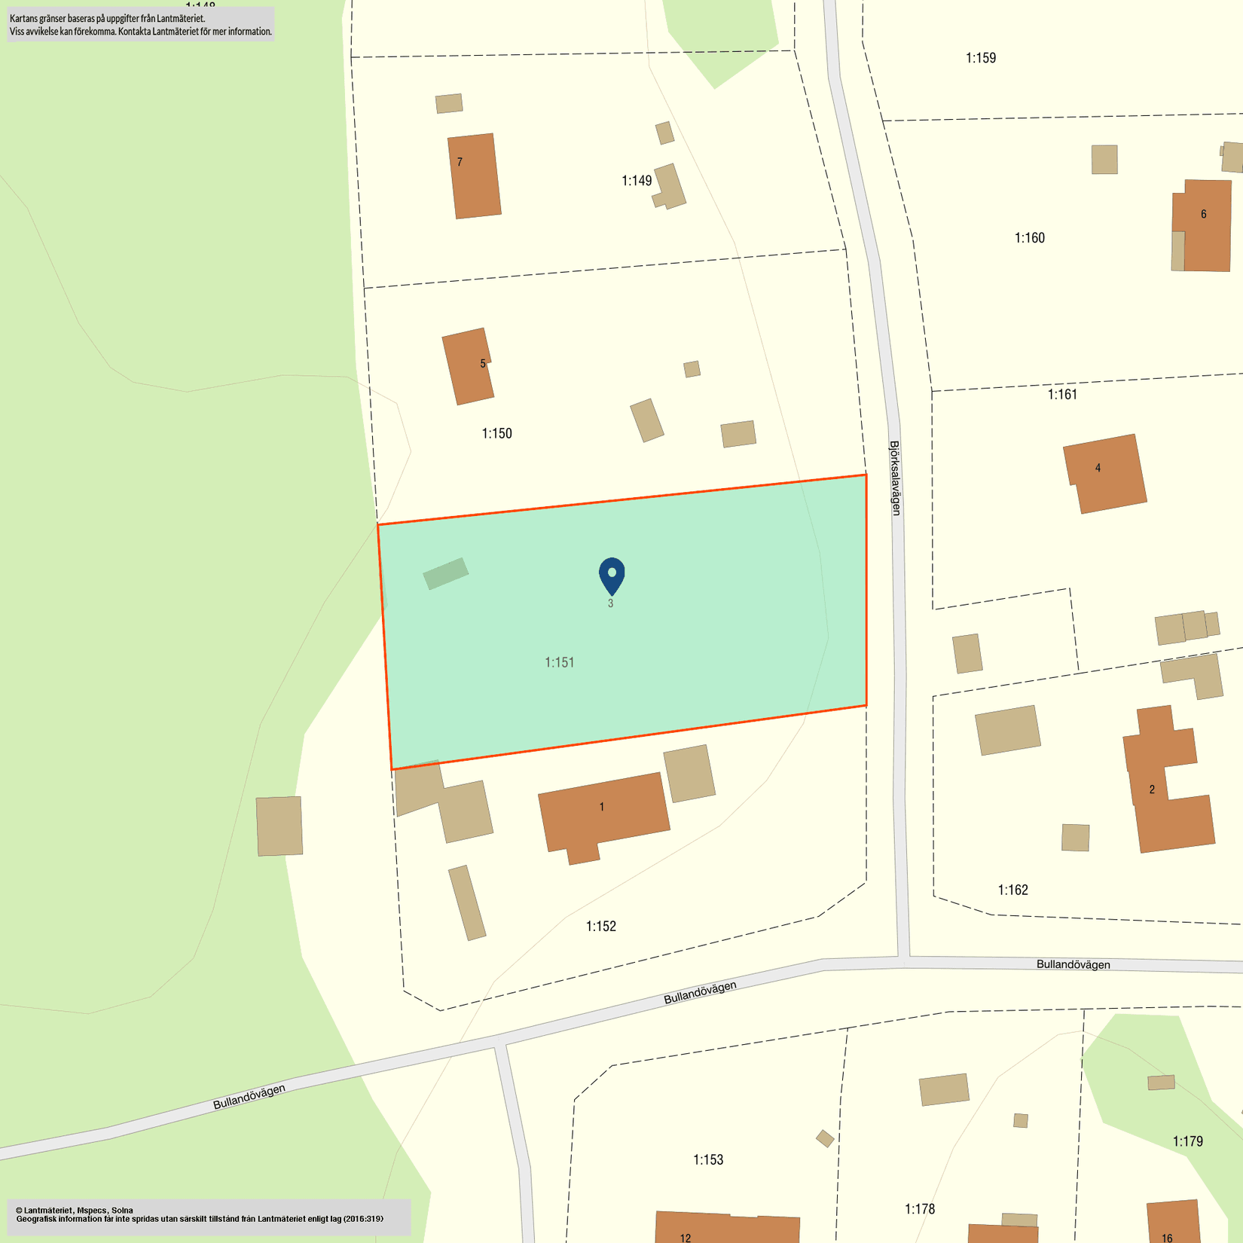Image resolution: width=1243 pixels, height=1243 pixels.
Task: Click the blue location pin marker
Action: [x=612, y=575]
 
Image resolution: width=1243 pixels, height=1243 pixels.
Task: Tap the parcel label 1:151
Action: [x=560, y=662]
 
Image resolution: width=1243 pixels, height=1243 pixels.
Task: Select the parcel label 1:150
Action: [x=496, y=433]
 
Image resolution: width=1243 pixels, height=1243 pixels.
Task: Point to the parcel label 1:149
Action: [x=637, y=181]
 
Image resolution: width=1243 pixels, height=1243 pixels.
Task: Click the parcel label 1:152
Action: [x=601, y=926]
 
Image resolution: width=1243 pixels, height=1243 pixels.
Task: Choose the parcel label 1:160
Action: [x=1029, y=238]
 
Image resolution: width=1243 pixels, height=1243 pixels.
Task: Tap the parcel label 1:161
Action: [x=1062, y=394]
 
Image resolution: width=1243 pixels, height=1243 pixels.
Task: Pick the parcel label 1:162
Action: [x=1012, y=890]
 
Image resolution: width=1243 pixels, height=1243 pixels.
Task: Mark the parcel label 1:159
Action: [x=981, y=58]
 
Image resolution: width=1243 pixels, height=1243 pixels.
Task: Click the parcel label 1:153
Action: [x=708, y=1159]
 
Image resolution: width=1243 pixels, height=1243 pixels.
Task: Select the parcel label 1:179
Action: [x=1187, y=1141]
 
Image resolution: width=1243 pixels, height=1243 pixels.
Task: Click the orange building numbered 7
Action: [x=475, y=176]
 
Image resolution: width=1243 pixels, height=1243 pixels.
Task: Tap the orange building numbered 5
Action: [x=468, y=366]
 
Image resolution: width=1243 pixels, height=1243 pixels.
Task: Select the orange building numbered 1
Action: [x=603, y=814]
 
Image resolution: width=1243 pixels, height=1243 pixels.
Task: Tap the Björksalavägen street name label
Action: [x=895, y=478]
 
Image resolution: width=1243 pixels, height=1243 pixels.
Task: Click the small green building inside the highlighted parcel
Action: [x=445, y=573]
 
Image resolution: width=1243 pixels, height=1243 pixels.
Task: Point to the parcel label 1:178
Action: [x=919, y=1209]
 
